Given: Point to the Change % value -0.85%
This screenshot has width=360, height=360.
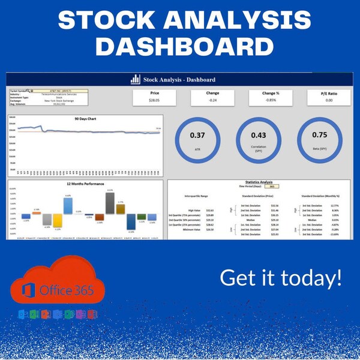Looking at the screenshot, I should click(271, 101).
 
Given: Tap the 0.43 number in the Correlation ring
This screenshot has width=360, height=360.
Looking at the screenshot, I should click(259, 135).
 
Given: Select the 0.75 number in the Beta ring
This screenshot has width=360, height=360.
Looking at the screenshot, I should click(320, 135).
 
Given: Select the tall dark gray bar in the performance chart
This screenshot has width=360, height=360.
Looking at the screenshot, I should click(110, 203).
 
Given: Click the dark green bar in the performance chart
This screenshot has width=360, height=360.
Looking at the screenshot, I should click(140, 218).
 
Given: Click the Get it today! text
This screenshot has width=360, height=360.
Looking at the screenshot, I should click(281, 278).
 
